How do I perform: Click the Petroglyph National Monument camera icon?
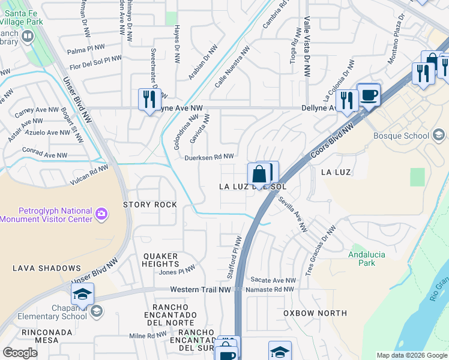coord(101,213)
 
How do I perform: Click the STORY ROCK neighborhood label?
coord(150,205)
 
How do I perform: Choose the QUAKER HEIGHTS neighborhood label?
coord(160,260)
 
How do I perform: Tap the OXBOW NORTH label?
coord(315,313)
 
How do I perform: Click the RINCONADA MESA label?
coord(30,336)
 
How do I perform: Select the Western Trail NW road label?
coord(200,290)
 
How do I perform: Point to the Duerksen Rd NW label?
coord(209,157)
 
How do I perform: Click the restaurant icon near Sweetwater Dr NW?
coord(149,98)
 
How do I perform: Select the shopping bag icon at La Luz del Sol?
coord(259,175)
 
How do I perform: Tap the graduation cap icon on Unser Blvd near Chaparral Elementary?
coord(82,293)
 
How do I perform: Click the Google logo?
coord(20,353)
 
